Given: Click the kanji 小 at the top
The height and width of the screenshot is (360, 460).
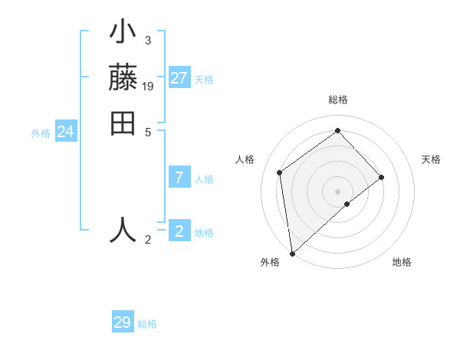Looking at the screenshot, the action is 123,34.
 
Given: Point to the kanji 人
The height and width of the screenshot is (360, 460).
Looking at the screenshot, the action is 123,229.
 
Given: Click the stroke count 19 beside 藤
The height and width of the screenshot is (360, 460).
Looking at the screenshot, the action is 148,87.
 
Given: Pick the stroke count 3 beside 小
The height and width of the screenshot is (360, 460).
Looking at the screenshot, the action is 148,40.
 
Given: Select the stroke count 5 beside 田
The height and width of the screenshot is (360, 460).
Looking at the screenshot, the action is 148,132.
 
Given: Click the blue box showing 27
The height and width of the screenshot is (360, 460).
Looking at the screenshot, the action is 179,78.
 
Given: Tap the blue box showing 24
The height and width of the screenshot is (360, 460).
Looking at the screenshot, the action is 65,132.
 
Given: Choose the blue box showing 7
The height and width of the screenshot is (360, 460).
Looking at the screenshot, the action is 179,178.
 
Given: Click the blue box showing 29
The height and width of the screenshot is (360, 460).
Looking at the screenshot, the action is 122,322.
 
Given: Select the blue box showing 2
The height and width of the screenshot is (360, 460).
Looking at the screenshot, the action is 179,231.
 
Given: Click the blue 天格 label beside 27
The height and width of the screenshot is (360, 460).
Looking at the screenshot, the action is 204,80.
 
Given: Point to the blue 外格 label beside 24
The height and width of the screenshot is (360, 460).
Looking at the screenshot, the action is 41,133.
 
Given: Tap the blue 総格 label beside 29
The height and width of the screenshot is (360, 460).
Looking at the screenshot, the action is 147,324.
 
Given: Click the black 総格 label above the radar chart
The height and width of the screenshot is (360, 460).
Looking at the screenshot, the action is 337,100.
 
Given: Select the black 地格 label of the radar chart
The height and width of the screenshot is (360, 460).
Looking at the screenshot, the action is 402,262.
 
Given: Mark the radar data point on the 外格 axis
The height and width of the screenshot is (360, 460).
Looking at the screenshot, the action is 292,253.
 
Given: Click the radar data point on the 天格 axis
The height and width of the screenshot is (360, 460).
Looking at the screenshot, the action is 382,177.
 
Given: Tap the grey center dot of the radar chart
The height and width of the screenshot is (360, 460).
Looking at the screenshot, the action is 337,190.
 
